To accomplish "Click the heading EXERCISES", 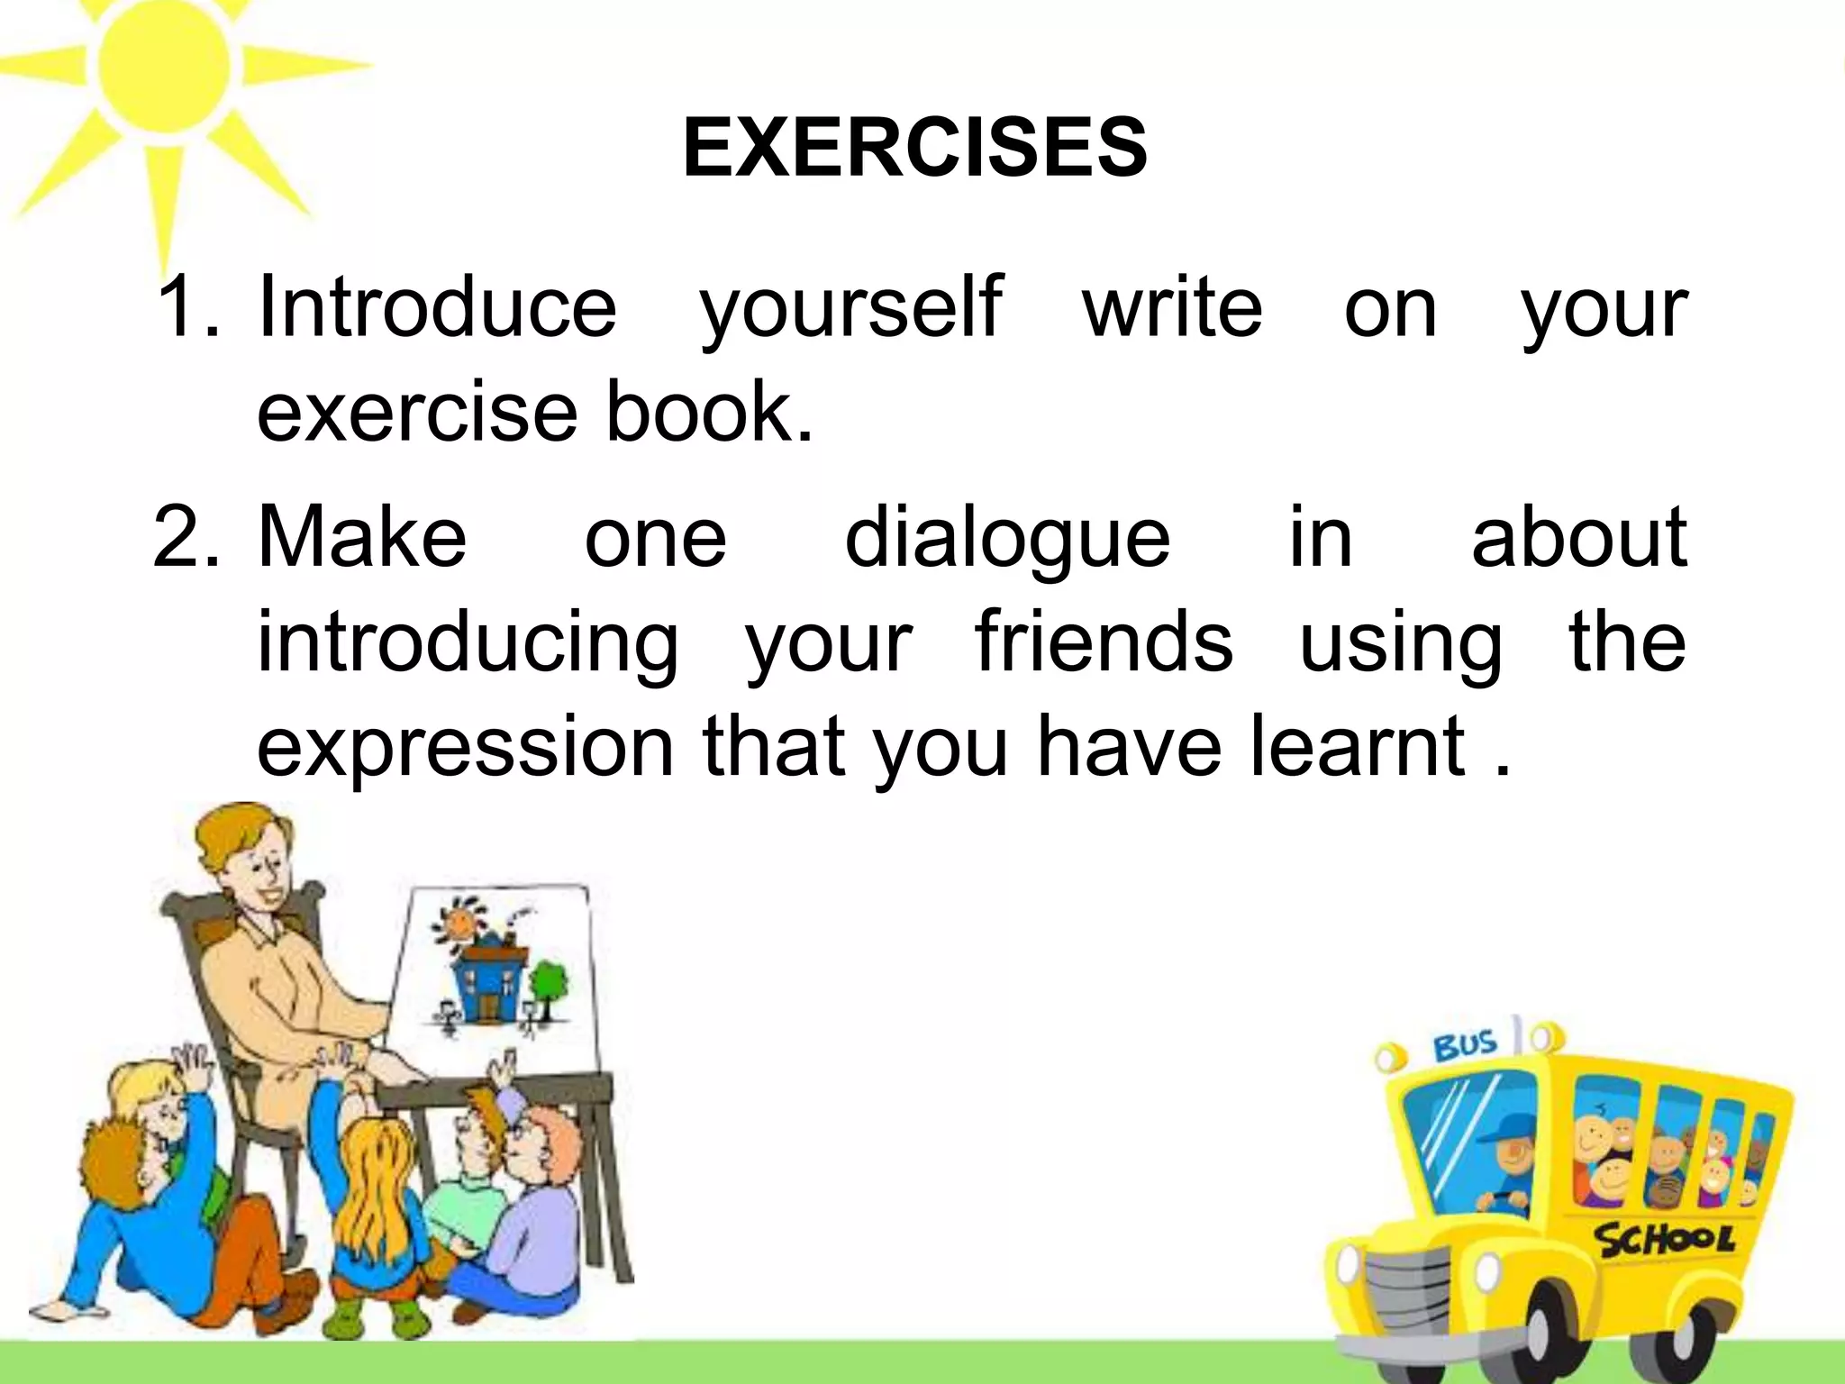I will coord(914,149).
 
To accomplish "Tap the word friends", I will coord(1104,642).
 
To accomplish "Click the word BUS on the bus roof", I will coord(1464,1047).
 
